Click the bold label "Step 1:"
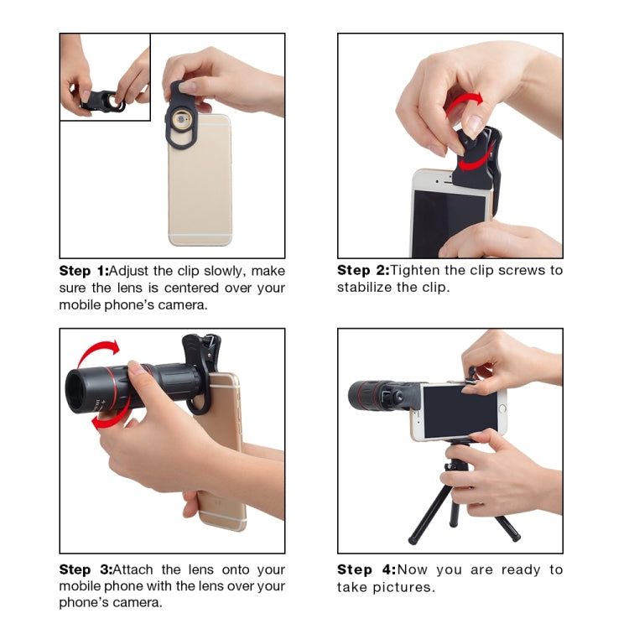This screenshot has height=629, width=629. [84, 271]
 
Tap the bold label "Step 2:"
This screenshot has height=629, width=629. [362, 270]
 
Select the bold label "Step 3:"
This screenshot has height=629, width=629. [84, 569]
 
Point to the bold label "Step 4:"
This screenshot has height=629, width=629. [365, 569]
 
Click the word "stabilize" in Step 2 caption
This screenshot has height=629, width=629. [366, 288]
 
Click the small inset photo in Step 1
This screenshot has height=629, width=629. [105, 77]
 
